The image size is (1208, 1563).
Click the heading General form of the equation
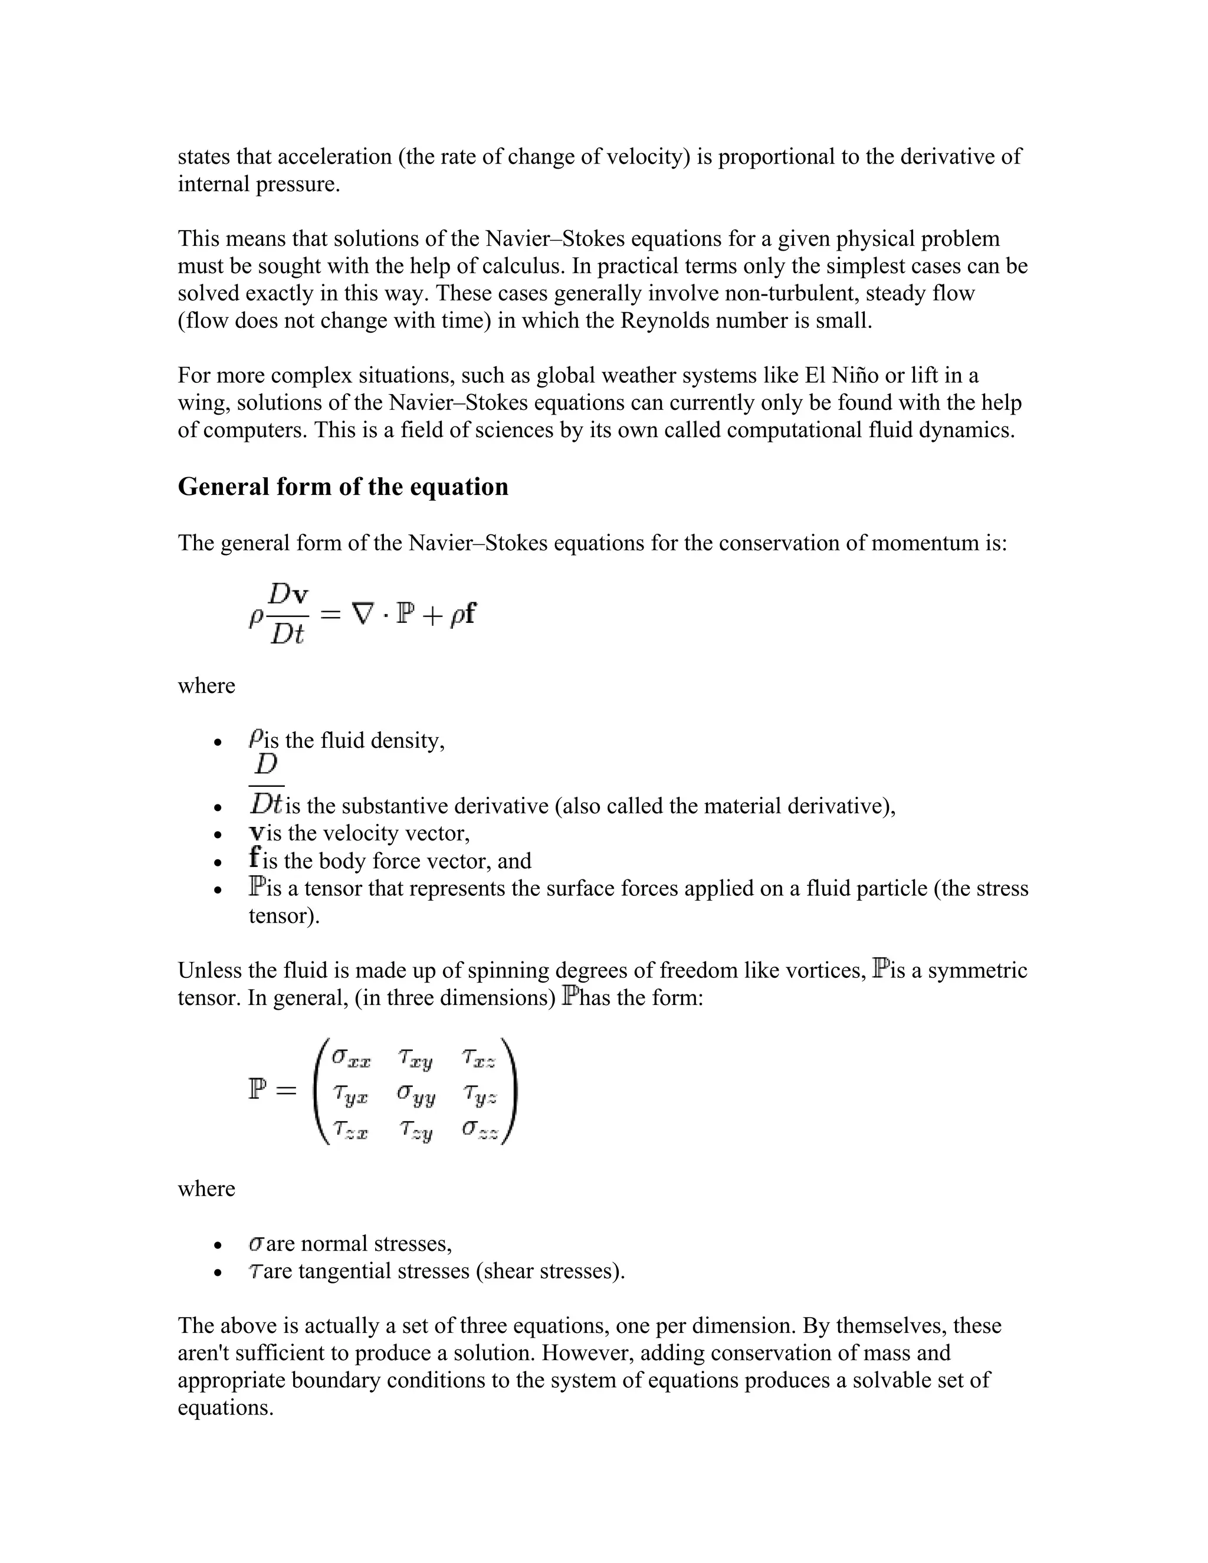click(343, 487)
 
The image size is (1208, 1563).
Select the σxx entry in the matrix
click(351, 1058)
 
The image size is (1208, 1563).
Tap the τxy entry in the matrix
click(416, 1058)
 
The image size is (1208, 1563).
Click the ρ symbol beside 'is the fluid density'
click(255, 738)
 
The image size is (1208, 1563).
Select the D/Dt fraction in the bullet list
click(266, 785)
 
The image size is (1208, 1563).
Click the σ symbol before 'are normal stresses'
click(256, 1245)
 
